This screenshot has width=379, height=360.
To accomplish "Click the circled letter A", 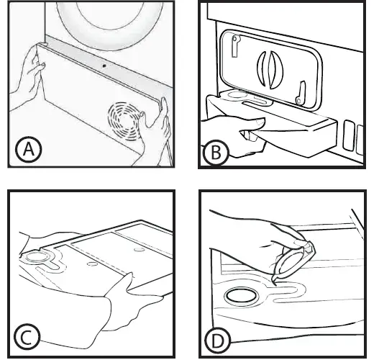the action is [x=29, y=149].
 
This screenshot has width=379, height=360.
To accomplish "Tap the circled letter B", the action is [x=215, y=153].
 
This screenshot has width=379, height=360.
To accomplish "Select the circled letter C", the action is [x=27, y=337].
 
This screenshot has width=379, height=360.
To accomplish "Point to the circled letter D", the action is [x=217, y=341].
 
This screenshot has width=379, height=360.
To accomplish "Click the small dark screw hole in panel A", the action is [x=104, y=66].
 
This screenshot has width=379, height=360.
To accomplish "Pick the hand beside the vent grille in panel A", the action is [x=155, y=130].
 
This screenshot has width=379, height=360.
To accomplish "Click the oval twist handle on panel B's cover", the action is [x=270, y=69].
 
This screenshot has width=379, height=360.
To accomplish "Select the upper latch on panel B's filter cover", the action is [x=235, y=46].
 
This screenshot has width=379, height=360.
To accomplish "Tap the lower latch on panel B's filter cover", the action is [x=301, y=93].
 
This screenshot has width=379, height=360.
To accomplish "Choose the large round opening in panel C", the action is [x=36, y=257].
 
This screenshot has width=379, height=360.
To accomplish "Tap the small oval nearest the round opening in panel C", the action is [x=91, y=264].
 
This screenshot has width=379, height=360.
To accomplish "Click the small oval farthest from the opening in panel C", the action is [x=139, y=249].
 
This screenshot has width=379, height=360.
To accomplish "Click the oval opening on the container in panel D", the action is [x=241, y=296].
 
